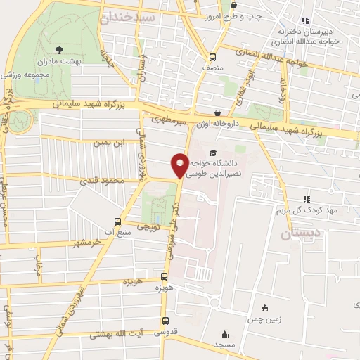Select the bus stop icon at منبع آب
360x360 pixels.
118,219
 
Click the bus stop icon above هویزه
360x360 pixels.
165,277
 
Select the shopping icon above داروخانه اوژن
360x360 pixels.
217,112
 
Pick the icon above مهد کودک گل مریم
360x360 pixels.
306,199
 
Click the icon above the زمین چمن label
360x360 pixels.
264,308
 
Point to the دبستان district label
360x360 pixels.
302,234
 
